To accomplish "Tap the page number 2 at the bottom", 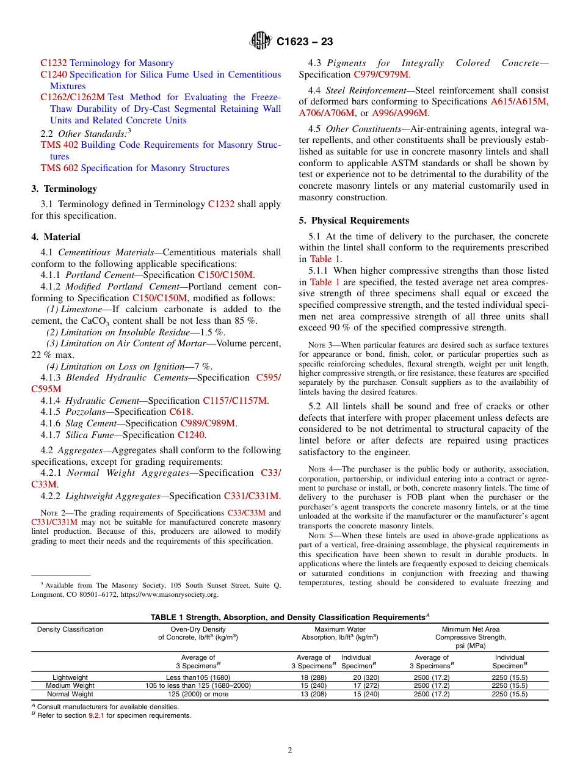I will (290, 751).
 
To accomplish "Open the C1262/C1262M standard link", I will (73, 97).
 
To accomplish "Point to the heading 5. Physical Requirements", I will (353, 221).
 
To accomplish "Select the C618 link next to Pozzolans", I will (180, 412).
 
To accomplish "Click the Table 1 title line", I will (289, 618).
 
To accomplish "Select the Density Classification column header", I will (70, 629).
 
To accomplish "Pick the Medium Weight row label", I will (70, 685).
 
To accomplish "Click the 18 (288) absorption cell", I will (313, 677).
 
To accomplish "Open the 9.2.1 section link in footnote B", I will (97, 715).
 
